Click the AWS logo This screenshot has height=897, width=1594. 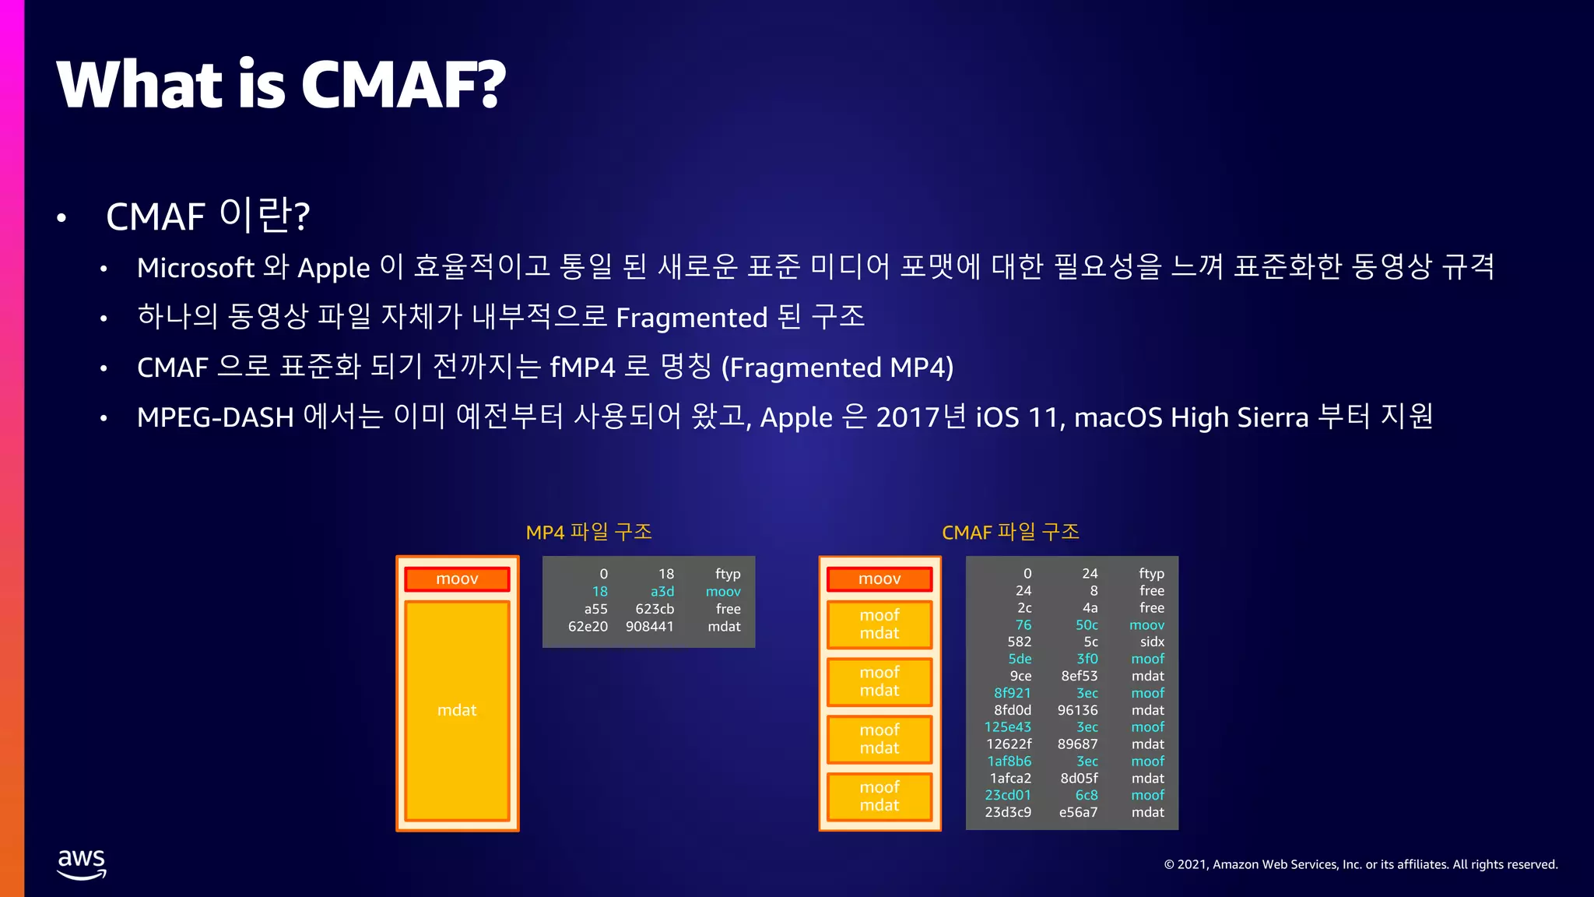coord(82,864)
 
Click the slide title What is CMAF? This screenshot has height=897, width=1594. coord(281,84)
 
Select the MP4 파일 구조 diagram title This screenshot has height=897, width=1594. coord(588,532)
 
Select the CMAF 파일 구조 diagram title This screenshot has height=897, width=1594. coord(1010,532)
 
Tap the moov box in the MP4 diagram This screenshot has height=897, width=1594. coord(457,579)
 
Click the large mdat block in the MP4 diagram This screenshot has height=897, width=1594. coord(457,710)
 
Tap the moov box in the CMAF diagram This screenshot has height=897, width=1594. coord(880,579)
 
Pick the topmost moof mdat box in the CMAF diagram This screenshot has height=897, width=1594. coord(880,624)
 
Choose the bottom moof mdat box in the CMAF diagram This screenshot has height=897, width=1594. coord(880,797)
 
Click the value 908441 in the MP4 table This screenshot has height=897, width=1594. coord(649,626)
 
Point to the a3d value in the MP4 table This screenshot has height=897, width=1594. coord(662,592)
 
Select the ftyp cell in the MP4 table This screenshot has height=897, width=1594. coord(728,574)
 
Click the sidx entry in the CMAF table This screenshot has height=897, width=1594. coord(1152,642)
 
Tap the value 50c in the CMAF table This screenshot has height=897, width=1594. coord(1087,625)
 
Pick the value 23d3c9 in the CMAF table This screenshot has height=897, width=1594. coord(1008,812)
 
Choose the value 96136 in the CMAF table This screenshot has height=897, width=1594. coord(1077,710)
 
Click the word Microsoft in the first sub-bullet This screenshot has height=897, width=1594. coord(195,268)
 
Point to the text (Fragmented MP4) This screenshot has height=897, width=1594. coord(837,368)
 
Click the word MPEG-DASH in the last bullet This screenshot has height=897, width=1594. coord(215,417)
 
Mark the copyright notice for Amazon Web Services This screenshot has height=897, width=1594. coord(1361,864)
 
